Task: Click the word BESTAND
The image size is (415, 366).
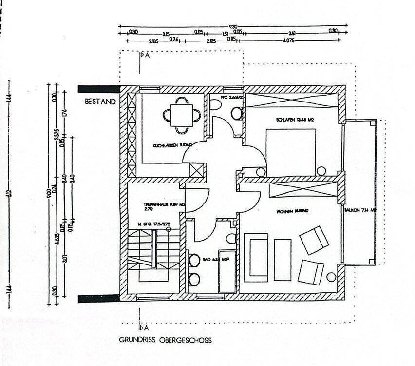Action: (100, 102)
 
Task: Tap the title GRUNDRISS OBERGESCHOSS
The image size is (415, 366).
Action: (166, 340)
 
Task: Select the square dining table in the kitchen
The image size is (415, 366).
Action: (181, 115)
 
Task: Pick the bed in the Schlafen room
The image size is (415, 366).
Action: (291, 152)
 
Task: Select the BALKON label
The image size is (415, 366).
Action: (360, 210)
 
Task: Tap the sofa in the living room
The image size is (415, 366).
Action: (256, 257)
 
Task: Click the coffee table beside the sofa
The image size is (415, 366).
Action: (283, 260)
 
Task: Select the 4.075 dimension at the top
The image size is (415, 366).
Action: (289, 41)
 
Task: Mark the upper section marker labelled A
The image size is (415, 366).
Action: (144, 56)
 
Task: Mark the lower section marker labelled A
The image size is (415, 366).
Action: (144, 327)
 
